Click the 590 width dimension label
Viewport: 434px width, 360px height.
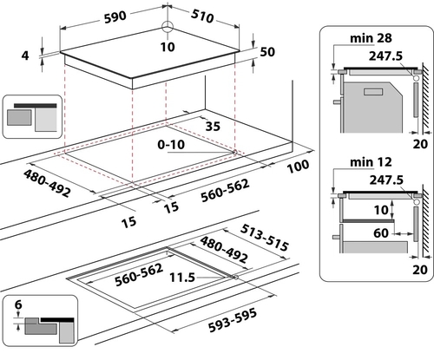pos(115,17)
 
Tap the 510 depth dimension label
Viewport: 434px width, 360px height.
pos(202,16)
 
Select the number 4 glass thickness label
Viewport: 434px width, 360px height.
pos(25,56)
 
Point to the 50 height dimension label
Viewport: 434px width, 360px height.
pos(267,52)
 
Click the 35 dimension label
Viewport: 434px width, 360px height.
pos(213,127)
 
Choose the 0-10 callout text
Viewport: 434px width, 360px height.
pos(171,145)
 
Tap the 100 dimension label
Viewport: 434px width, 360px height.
pos(298,167)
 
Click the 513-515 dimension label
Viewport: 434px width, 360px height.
pos(265,238)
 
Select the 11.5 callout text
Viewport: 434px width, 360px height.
pos(182,278)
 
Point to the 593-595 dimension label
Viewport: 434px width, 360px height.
pos(233,320)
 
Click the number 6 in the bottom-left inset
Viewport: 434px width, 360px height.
pos(18,304)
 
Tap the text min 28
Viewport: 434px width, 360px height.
pos(371,38)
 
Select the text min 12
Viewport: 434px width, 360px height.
pos(371,162)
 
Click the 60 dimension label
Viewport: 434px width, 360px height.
pos(381,232)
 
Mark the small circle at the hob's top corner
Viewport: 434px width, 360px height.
pos(167,27)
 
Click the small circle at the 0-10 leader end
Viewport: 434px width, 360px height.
pos(233,152)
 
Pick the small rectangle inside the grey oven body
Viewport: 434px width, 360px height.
pos(373,92)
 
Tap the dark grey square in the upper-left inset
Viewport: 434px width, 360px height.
pos(19,117)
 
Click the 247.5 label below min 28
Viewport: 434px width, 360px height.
pos(385,56)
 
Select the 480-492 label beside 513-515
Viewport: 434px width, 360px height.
pos(224,249)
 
